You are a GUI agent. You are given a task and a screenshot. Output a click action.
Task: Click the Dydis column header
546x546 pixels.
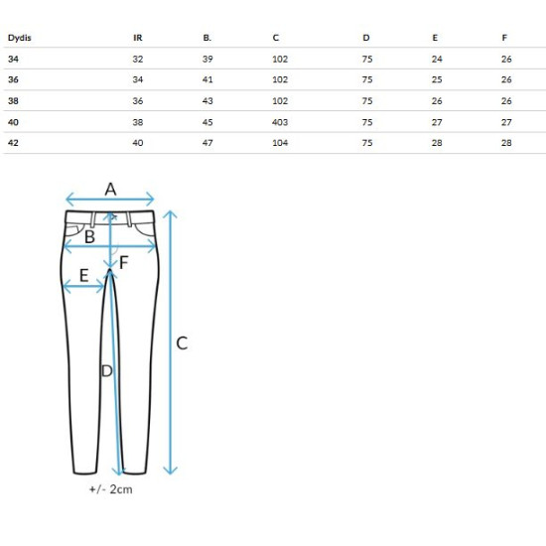point(20,38)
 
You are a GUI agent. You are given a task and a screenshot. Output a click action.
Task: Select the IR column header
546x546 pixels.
point(138,38)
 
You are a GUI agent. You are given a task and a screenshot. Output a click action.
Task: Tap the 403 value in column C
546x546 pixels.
point(280,122)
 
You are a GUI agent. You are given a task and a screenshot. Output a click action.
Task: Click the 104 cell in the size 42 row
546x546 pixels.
point(280,143)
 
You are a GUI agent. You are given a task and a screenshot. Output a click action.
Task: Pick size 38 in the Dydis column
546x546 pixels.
point(13,101)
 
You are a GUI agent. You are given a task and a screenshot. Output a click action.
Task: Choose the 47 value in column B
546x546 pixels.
point(207,143)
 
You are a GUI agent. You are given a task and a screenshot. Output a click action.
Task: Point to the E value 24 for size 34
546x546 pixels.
point(437,60)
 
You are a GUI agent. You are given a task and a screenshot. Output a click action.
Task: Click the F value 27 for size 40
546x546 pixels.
point(506,122)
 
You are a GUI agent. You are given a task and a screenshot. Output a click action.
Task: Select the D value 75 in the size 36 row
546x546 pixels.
point(367,79)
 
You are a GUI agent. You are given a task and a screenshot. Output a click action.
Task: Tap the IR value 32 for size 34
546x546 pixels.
point(138,60)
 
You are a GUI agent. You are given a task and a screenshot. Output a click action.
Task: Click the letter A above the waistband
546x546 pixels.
point(110,190)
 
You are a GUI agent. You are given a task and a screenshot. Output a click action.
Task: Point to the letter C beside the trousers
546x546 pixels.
point(182,343)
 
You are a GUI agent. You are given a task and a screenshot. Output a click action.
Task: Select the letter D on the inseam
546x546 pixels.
point(107,371)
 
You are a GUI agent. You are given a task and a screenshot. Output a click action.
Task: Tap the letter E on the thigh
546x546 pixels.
point(84,275)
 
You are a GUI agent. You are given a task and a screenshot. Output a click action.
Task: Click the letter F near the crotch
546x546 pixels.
point(124,262)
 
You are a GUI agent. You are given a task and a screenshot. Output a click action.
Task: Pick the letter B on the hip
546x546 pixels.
point(89,237)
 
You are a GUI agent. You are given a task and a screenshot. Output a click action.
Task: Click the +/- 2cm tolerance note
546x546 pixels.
point(111,489)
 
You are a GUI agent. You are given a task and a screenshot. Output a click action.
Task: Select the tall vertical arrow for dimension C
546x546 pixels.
point(171,342)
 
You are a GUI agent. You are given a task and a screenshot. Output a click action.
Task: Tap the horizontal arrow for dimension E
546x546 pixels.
point(84,287)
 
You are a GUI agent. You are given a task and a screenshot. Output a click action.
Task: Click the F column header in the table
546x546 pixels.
point(504,38)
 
